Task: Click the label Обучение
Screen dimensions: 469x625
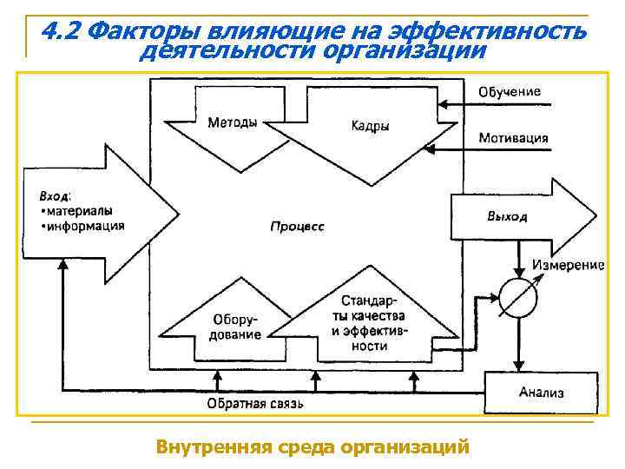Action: coord(510,91)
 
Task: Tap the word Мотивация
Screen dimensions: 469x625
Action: coord(513,138)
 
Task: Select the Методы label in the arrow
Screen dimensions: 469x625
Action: coord(232,122)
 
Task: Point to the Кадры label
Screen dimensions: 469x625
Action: coord(370,127)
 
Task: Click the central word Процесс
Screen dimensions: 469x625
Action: coord(297,226)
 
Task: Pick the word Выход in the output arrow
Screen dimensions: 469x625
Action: coord(505,216)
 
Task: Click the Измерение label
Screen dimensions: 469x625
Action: coord(568,264)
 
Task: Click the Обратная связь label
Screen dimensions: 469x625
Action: coord(254,404)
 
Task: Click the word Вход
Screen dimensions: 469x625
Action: coord(55,195)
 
